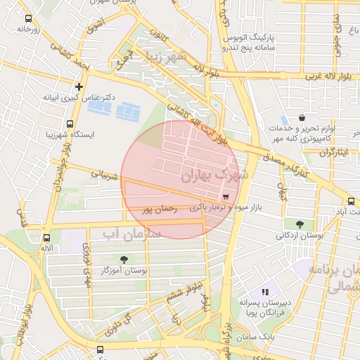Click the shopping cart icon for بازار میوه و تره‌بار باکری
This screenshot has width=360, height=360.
tap(225, 197)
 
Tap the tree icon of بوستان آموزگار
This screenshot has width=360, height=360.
tap(124, 259)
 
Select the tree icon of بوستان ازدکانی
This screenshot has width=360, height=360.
tap(300, 225)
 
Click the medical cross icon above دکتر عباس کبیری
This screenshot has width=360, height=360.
tap(79, 87)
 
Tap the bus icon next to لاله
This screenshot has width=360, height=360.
tap(46, 238)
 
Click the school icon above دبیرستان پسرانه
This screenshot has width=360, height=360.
tap(265, 291)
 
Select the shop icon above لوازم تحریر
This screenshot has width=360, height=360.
tap(302, 118)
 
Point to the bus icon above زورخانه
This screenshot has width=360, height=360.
tap(28, 19)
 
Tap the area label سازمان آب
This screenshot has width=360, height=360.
tap(131, 232)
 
